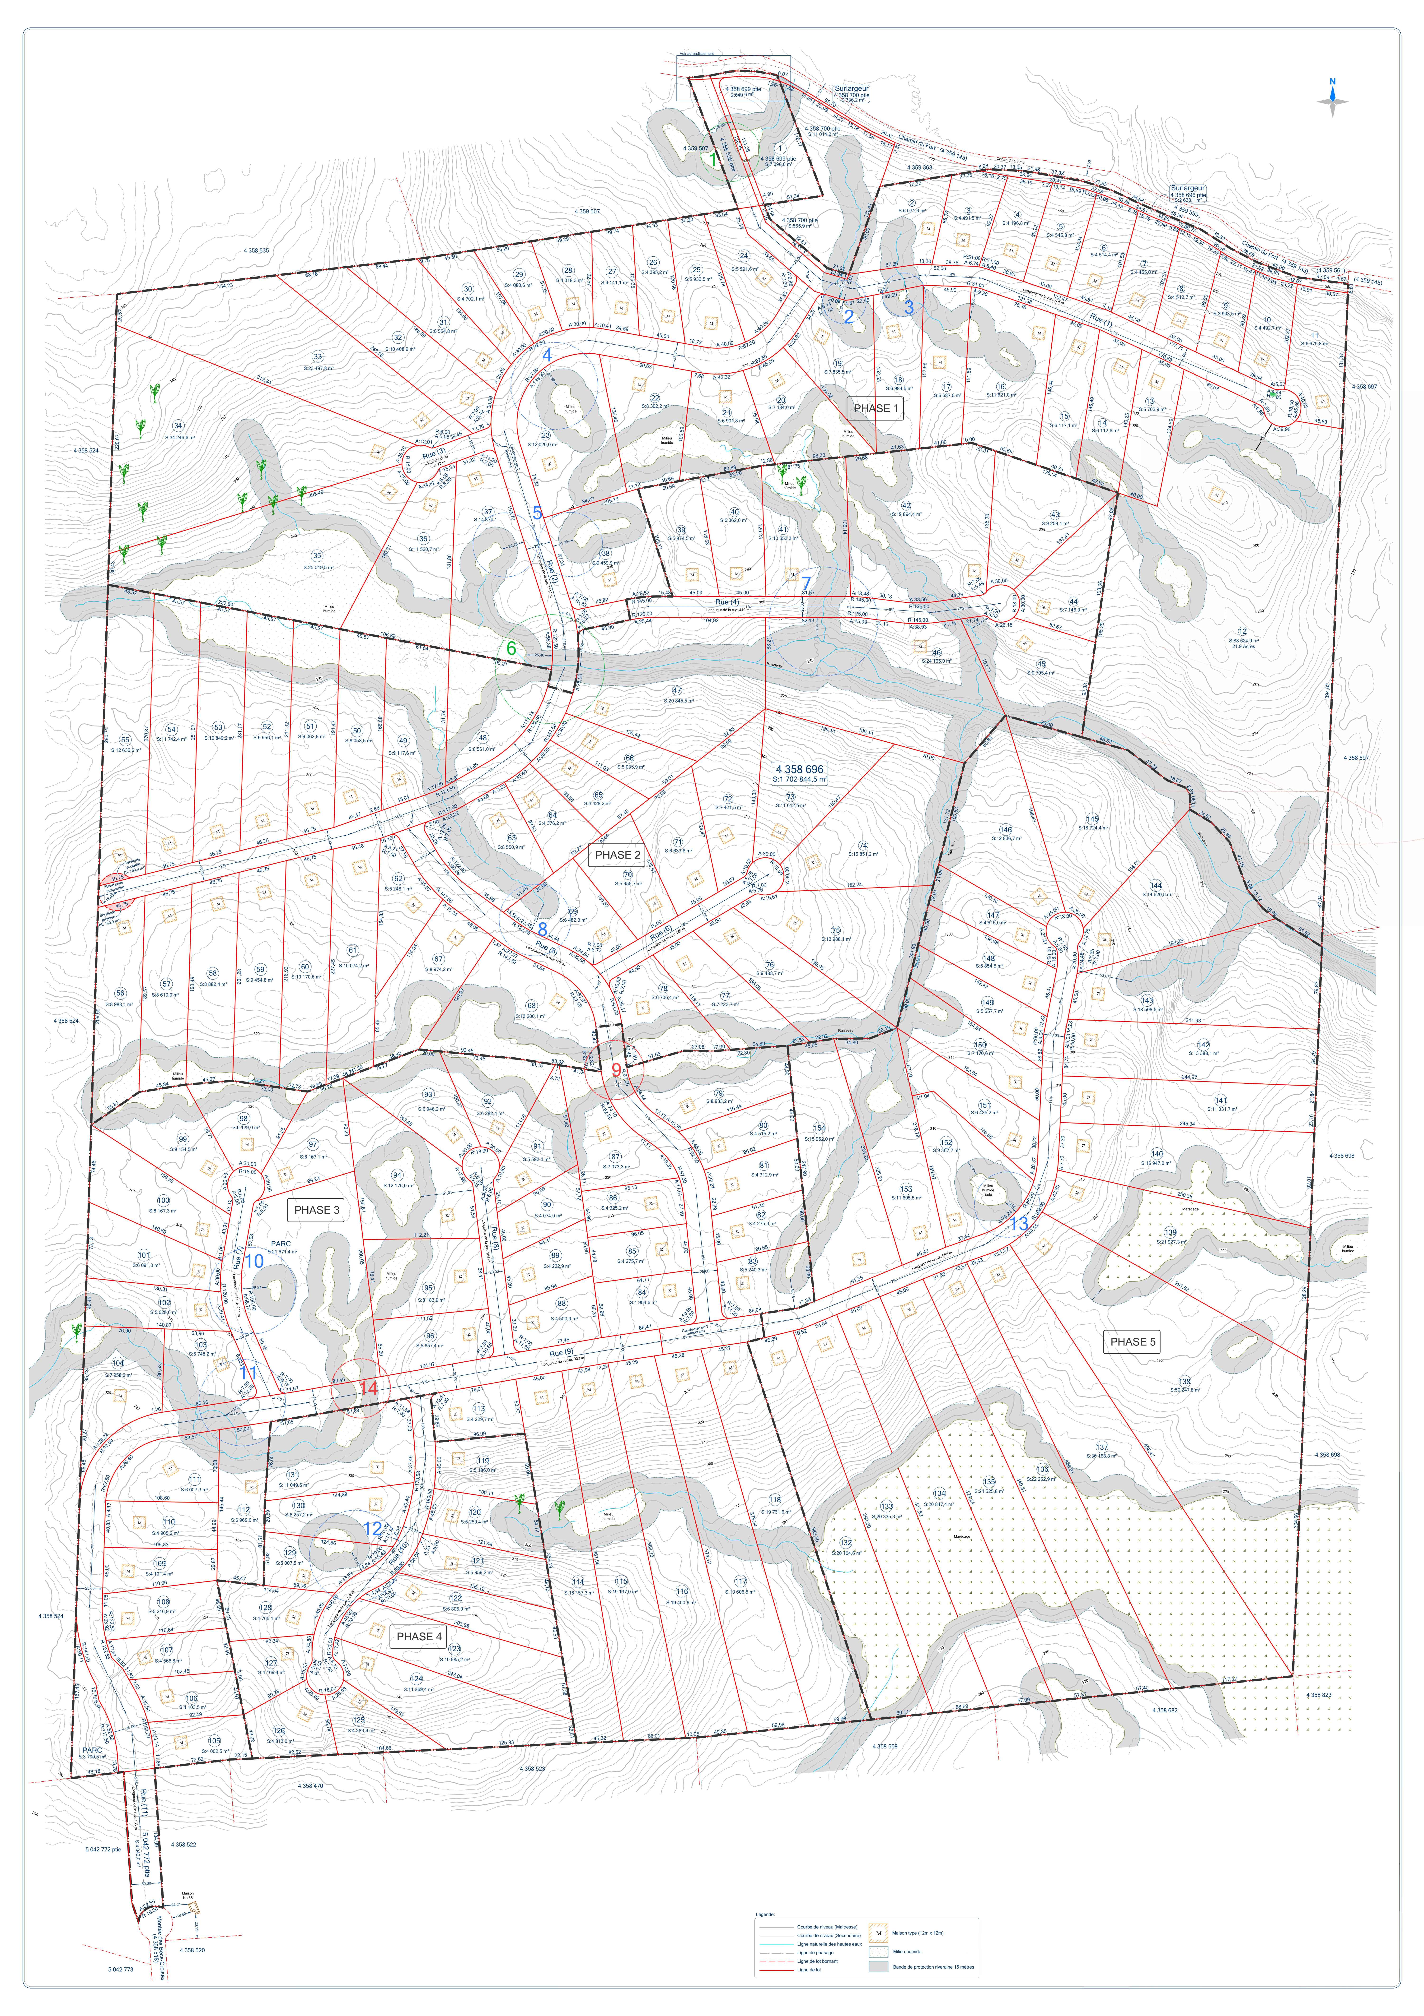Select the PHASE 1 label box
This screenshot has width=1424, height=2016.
click(876, 408)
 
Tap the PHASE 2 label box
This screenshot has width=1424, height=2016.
click(618, 854)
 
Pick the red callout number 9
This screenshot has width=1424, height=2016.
click(616, 1069)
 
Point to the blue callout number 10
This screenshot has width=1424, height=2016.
click(254, 1261)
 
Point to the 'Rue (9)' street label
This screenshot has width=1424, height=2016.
click(561, 1354)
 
